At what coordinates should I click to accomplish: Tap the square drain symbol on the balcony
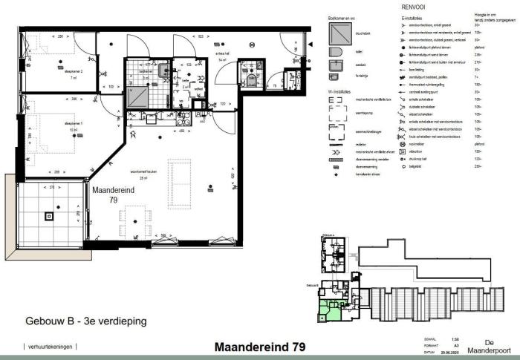[49, 217]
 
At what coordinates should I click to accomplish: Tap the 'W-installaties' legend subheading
[342, 91]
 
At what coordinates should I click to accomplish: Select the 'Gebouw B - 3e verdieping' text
[85, 322]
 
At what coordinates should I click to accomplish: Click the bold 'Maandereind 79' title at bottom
[259, 347]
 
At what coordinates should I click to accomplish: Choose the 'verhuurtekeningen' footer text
[51, 347]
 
